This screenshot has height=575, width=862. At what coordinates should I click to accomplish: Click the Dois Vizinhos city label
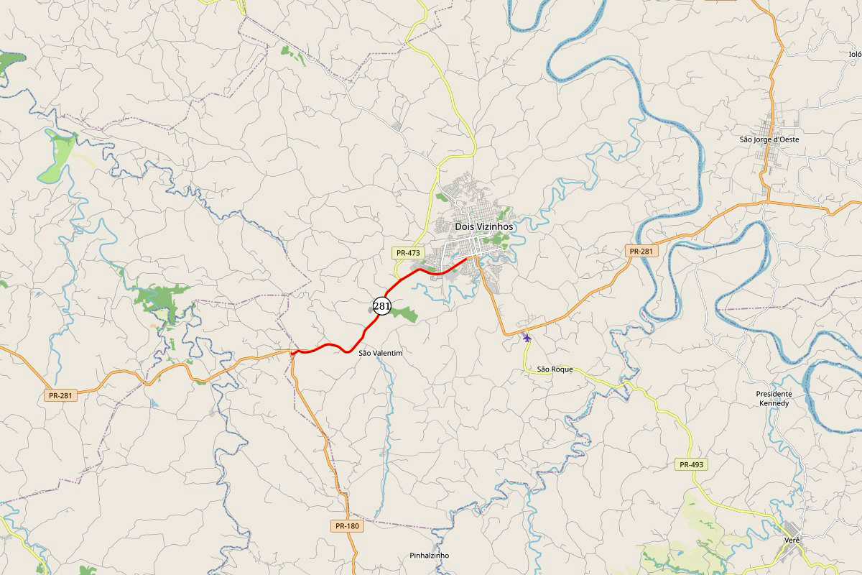click(x=484, y=226)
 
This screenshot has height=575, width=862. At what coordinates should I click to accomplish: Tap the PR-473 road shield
click(x=407, y=253)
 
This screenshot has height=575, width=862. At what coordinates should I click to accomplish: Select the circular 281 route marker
click(x=381, y=306)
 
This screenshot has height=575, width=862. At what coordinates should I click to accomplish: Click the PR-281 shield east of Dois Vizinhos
click(x=641, y=251)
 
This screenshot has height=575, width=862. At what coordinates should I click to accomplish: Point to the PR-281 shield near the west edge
click(x=61, y=395)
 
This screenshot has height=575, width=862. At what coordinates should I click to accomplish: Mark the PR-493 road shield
click(x=692, y=464)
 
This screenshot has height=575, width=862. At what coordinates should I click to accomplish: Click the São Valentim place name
click(x=380, y=353)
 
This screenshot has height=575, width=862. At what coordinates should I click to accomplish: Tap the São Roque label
click(x=555, y=369)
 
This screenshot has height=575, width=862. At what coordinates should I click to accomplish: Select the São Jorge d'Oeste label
click(x=769, y=139)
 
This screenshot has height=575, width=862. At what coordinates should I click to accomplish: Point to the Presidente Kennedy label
click(x=774, y=398)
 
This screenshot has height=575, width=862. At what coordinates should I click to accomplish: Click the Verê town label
click(x=792, y=539)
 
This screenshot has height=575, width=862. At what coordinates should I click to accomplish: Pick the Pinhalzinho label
click(x=429, y=556)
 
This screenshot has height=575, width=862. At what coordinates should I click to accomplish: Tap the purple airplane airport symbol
click(x=527, y=337)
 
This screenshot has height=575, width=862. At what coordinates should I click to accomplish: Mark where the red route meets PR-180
click(x=292, y=352)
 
